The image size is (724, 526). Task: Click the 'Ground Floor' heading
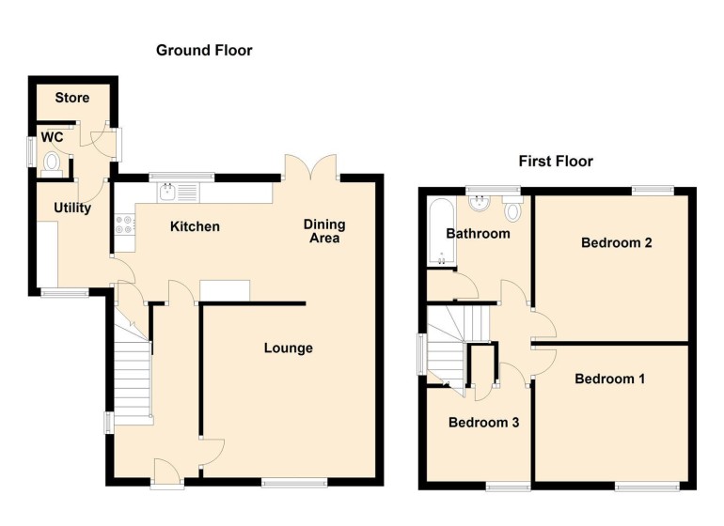point(204,51)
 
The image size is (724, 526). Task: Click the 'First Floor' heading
point(556,162)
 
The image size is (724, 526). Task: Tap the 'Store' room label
point(71,98)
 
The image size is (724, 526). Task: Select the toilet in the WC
point(53,165)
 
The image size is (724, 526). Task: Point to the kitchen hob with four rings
point(123,224)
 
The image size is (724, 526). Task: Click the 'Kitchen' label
point(195,226)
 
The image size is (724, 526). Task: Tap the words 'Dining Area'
point(323,231)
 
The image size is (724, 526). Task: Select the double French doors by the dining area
point(311,167)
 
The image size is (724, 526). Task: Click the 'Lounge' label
point(288,348)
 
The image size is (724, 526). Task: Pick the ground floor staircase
point(133,376)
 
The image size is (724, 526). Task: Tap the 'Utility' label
point(71,208)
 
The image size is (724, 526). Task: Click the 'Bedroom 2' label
point(616,242)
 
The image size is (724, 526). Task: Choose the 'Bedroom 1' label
point(609,379)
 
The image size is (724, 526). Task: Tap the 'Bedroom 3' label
point(483,423)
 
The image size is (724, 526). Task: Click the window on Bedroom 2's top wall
point(652,191)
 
